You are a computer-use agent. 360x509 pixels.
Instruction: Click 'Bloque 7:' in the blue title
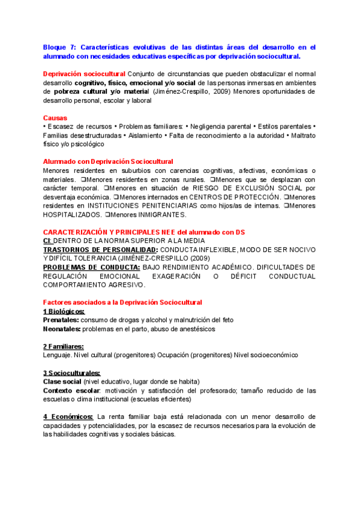(x=60, y=46)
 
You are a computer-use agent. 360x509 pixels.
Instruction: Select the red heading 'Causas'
(x=55, y=118)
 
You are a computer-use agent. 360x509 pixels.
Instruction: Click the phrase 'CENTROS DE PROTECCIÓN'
(x=235, y=197)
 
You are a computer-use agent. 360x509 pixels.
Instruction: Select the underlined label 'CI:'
(x=48, y=241)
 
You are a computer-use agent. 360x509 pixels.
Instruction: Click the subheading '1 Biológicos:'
(x=64, y=312)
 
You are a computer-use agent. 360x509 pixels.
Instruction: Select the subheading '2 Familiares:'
(x=63, y=346)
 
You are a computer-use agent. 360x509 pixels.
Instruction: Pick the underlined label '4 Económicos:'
(x=68, y=417)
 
